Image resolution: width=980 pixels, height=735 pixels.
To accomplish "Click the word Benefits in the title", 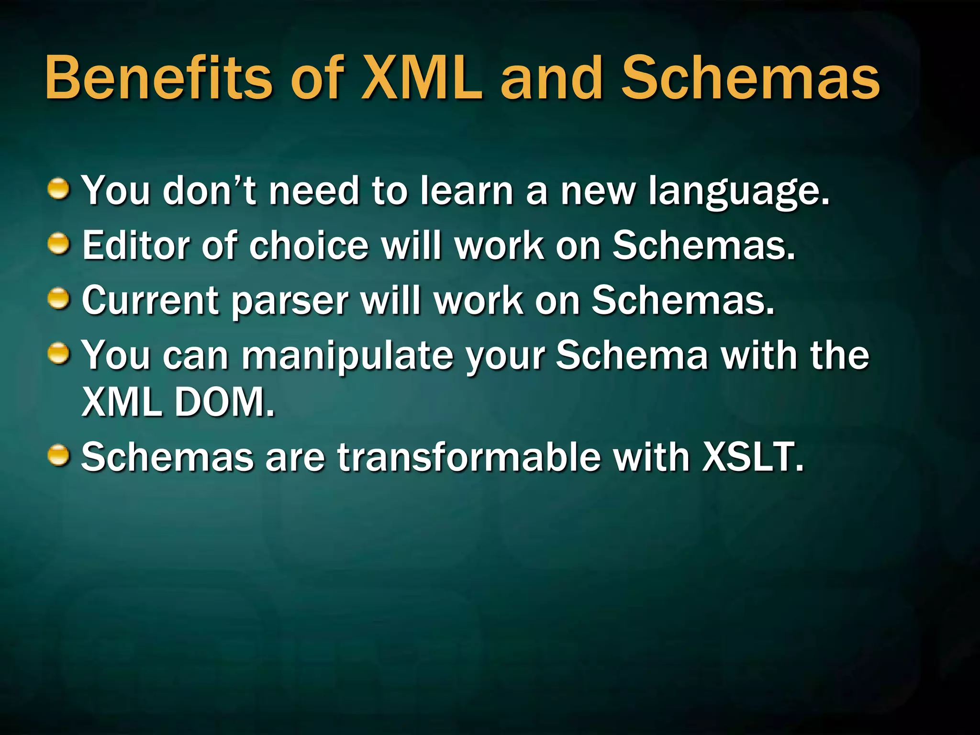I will [158, 78].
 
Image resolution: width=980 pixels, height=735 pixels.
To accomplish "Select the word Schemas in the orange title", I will [750, 78].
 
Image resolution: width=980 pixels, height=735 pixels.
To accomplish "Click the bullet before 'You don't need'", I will [60, 189].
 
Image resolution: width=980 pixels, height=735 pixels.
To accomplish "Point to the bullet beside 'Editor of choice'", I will [60, 244].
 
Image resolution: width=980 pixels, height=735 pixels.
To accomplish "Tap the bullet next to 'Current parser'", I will [60, 300].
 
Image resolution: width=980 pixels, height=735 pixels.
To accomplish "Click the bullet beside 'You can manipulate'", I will [60, 355].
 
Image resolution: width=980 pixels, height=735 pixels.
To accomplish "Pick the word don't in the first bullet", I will [209, 190].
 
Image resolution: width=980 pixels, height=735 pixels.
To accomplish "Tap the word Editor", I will [135, 245].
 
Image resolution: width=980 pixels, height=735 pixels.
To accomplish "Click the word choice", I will [309, 245].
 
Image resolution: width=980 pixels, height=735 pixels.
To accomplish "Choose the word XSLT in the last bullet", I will [753, 457].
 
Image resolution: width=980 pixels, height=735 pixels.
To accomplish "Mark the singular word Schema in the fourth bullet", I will [631, 355].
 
